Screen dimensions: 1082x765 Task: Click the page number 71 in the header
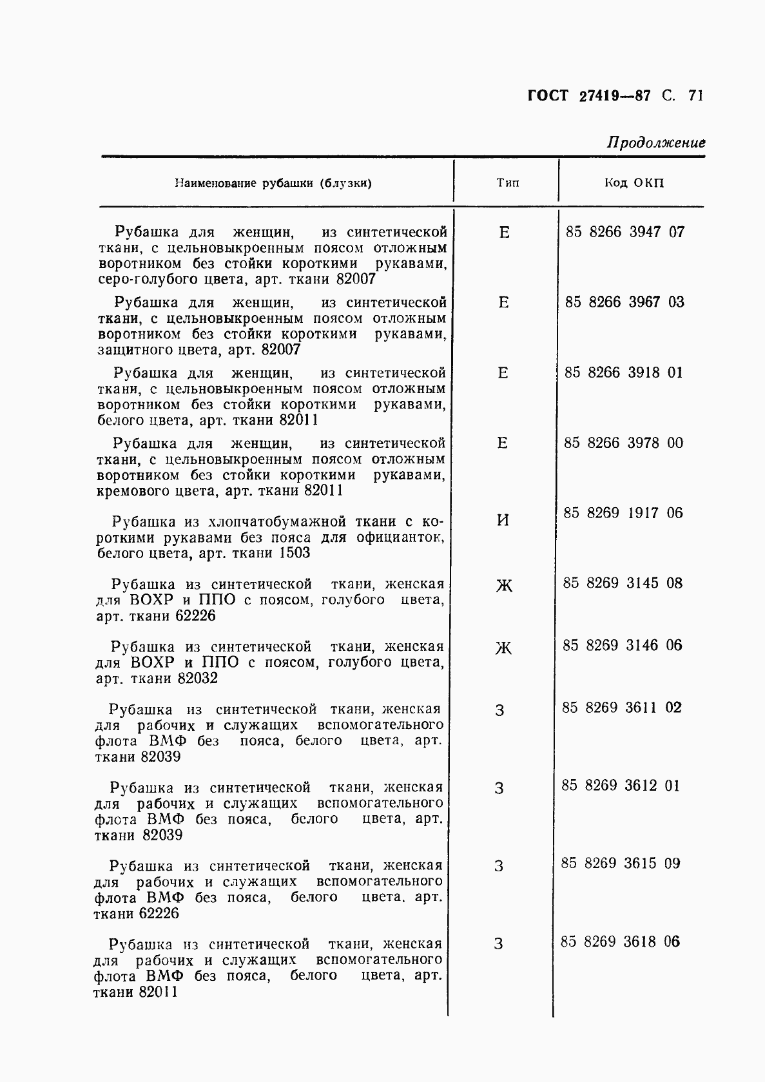(695, 95)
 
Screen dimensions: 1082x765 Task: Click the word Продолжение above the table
(656, 142)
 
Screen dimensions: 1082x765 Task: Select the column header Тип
(508, 182)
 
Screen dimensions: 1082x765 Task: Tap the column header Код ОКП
(634, 182)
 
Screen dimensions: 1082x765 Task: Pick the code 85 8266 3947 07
(625, 232)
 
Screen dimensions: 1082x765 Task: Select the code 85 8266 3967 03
(625, 302)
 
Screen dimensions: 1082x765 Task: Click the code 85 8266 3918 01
(623, 372)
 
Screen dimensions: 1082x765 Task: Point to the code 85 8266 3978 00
(623, 443)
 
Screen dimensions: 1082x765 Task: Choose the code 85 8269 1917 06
(623, 513)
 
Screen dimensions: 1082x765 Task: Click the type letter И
(503, 520)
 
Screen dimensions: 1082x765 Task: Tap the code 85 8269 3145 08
(622, 583)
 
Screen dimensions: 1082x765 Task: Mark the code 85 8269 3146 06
(622, 645)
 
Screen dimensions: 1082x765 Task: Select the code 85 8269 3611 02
(621, 708)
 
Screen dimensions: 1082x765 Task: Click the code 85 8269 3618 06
(620, 942)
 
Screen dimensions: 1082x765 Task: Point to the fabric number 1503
(295, 553)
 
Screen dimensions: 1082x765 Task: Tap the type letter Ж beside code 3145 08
(503, 586)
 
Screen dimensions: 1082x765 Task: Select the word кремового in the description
(131, 490)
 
